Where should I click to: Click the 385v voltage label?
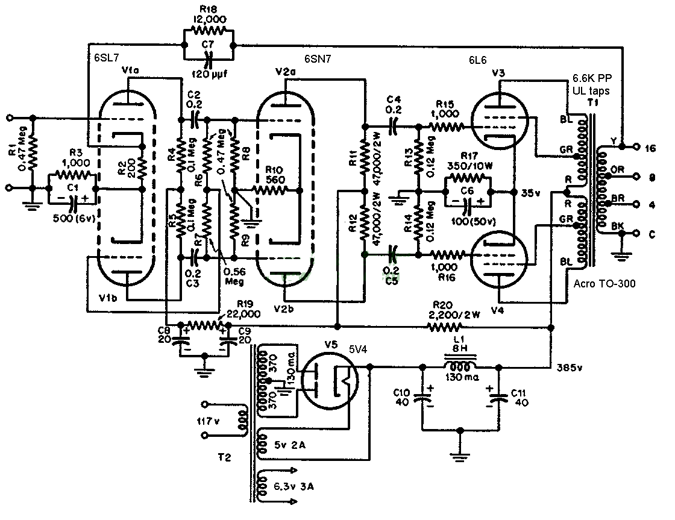(x=571, y=366)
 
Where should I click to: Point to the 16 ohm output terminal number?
(x=650, y=148)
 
